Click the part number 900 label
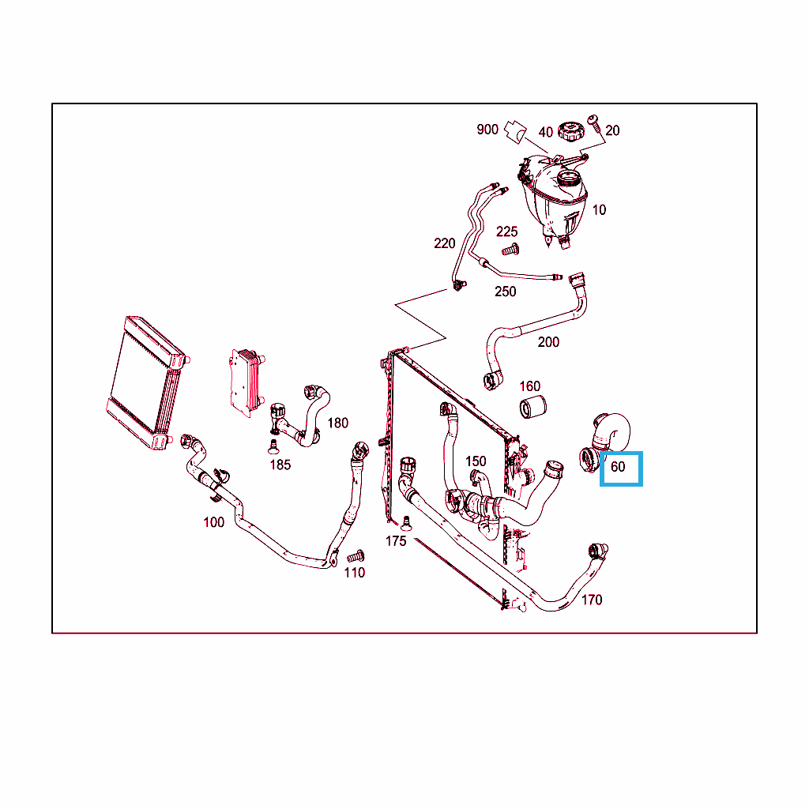coord(487,130)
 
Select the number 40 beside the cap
coord(545,133)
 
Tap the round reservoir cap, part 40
coord(570,132)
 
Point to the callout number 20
coord(612,130)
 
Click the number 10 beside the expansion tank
coord(599,210)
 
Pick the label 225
coord(506,231)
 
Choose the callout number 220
coord(444,243)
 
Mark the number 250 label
coord(505,292)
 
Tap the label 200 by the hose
coord(548,342)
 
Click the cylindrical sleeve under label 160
coord(532,407)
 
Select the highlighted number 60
coord(618,467)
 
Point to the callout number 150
coord(476,461)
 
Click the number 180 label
coord(338,423)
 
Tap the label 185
coord(280,465)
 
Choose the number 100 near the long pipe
coord(213,523)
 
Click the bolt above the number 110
coord(356,556)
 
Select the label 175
coord(396,541)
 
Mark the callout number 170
coord(591,600)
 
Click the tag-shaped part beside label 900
coord(515,132)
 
